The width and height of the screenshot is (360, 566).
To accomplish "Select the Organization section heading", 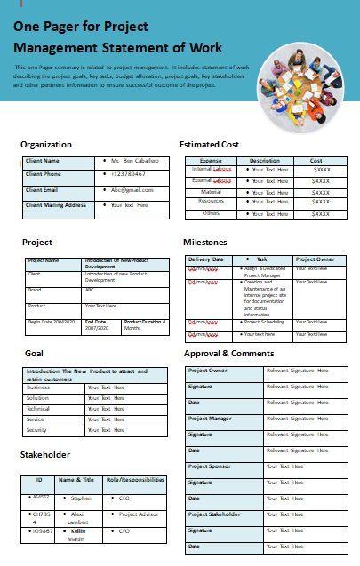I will (x=46, y=144).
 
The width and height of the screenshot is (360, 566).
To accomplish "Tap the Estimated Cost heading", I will (x=209, y=144).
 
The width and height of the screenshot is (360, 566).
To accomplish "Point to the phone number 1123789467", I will (x=132, y=175).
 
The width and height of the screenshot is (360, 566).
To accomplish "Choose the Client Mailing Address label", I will (x=56, y=205).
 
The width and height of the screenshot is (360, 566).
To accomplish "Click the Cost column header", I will (x=316, y=161).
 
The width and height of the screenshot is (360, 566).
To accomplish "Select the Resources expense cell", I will (x=211, y=202).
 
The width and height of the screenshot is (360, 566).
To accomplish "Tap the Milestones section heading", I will (x=204, y=242).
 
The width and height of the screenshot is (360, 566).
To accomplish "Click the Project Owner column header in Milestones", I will (x=315, y=259).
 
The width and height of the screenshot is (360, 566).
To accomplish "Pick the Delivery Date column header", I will (x=206, y=259).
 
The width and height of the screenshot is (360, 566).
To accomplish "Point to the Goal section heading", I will (x=34, y=353).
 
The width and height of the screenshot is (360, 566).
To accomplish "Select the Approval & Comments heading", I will (x=228, y=354).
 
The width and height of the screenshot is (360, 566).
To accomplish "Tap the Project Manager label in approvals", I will (x=210, y=418).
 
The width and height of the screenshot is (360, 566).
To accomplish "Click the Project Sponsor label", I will (x=209, y=466).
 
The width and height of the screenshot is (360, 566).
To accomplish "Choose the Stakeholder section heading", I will (x=44, y=455).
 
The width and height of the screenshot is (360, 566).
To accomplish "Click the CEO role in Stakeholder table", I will (x=124, y=498).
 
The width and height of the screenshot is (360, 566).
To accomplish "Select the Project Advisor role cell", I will (x=138, y=514).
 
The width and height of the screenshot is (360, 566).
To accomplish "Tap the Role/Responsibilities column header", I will (x=135, y=480).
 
